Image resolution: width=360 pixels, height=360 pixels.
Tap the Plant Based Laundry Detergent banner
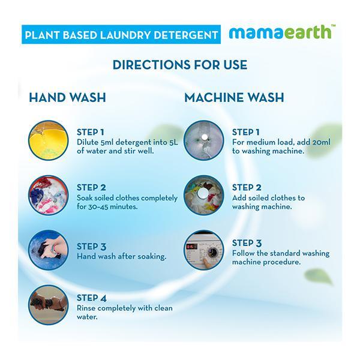(x=121, y=34)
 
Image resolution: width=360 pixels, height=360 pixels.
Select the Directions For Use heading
(x=180, y=65)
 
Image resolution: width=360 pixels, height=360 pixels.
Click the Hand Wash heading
(x=67, y=97)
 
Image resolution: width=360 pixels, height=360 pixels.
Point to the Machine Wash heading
(x=234, y=97)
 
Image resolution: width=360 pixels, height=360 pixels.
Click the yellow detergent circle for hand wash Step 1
(x=49, y=140)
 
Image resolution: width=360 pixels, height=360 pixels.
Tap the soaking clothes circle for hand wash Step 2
(x=49, y=195)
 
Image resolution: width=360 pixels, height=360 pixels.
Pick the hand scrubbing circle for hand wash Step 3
(x=49, y=250)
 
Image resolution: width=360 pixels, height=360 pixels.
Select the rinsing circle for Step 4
(x=49, y=305)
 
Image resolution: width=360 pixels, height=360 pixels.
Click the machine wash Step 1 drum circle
(x=204, y=140)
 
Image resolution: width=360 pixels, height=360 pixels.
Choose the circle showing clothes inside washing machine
(x=204, y=195)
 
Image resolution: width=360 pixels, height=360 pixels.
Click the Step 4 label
(x=92, y=298)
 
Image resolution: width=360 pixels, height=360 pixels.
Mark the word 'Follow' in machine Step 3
(x=242, y=253)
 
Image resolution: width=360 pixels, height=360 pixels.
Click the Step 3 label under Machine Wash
(x=247, y=243)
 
